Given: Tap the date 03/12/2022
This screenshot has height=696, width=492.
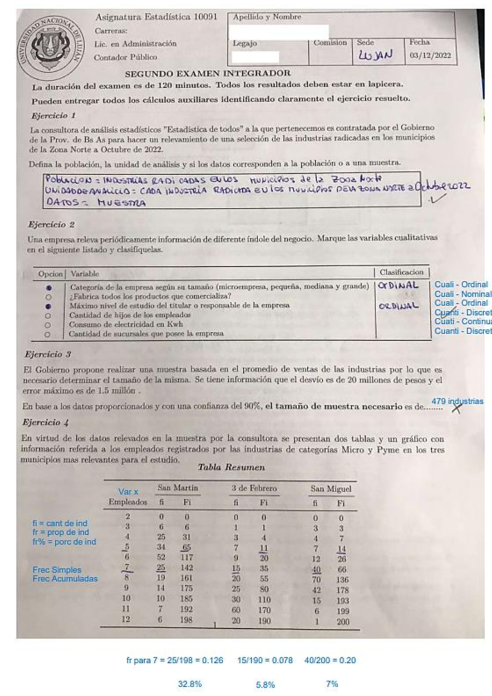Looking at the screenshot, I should [x=430, y=55].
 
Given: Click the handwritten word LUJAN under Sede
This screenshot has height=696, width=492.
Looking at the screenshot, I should [x=375, y=55].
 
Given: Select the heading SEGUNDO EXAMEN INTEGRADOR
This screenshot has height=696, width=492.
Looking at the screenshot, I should [x=208, y=73].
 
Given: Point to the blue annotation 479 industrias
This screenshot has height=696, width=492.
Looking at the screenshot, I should [x=457, y=401].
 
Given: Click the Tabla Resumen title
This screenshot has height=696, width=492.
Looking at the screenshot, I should [x=231, y=467].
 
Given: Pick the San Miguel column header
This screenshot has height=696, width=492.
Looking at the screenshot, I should [x=330, y=489].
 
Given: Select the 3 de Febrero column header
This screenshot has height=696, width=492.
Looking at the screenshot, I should [x=254, y=488].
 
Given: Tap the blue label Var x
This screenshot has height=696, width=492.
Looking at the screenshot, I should [x=128, y=492].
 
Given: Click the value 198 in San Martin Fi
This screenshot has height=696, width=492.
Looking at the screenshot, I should [x=186, y=620].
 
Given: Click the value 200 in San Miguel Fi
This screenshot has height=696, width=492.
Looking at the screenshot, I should [x=343, y=622].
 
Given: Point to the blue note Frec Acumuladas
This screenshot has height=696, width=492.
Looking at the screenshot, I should [x=65, y=579].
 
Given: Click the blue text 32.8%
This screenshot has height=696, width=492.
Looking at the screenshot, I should [x=189, y=684].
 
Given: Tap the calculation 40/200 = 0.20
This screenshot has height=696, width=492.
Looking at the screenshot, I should [x=330, y=660].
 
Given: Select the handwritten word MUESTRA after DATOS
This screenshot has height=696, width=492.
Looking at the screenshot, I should [x=121, y=203].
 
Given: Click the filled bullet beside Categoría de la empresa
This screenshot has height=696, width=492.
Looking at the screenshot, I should [x=49, y=288].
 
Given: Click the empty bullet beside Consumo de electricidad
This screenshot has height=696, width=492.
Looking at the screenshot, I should [x=48, y=325].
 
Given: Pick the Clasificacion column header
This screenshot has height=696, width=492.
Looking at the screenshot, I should [x=401, y=272].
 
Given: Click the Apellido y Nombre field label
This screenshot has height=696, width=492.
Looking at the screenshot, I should [x=267, y=17].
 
